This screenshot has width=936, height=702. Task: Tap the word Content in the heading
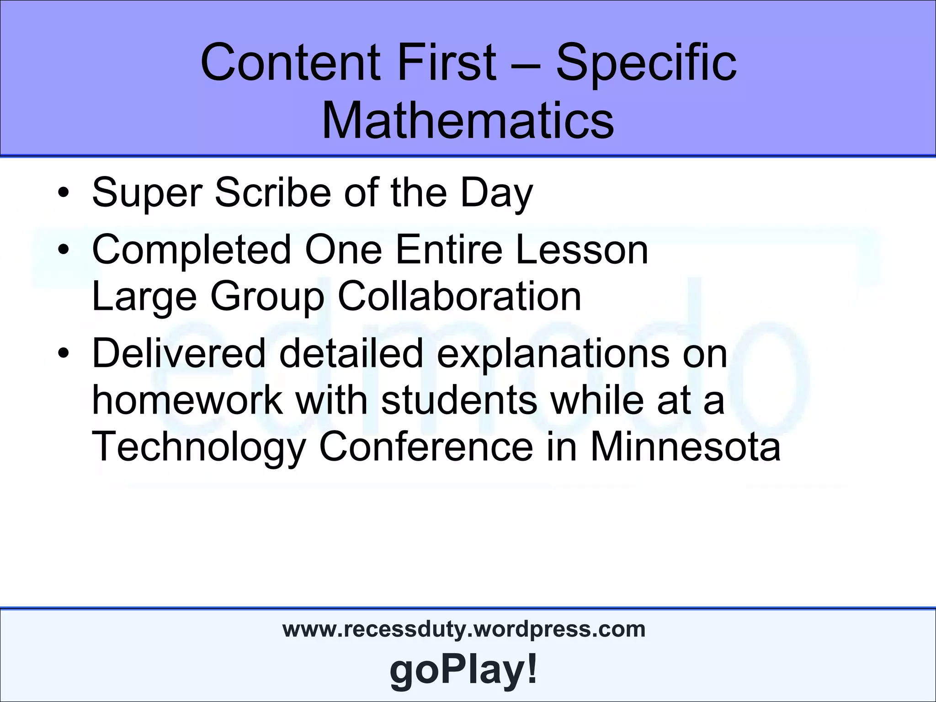(x=291, y=62)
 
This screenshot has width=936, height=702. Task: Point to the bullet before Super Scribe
(x=64, y=195)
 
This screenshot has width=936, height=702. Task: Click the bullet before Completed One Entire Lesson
(x=64, y=251)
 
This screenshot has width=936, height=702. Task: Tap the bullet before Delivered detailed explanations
(x=64, y=355)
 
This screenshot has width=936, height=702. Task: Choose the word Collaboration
(x=459, y=297)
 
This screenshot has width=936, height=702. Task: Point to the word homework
(x=187, y=400)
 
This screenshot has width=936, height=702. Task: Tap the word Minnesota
(x=686, y=447)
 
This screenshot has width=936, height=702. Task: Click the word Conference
(x=426, y=447)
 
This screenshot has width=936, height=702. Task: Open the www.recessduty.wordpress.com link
(x=464, y=629)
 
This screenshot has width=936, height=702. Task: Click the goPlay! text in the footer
(x=464, y=670)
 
